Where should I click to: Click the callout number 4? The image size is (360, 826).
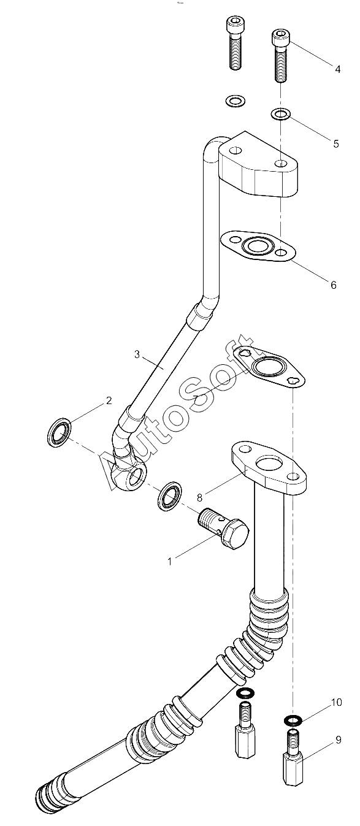click(337, 69)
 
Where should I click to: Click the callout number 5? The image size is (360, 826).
click(335, 143)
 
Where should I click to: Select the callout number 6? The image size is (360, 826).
click(334, 285)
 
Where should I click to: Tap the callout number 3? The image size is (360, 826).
click(137, 354)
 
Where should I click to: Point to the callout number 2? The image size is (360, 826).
click(109, 400)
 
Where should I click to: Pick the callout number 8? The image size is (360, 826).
click(200, 497)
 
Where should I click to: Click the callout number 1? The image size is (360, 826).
click(170, 562)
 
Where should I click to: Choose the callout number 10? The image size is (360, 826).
click(337, 702)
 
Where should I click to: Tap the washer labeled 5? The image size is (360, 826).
click(281, 114)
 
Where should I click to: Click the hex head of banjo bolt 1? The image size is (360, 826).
click(236, 535)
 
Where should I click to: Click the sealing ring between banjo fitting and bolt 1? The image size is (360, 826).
click(170, 495)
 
